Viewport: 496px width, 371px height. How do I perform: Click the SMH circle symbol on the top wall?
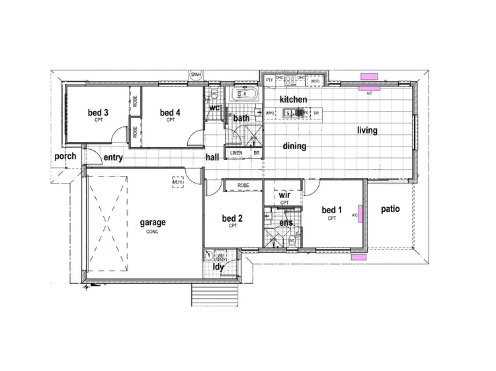[196, 75]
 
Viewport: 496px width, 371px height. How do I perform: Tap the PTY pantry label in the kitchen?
[269, 79]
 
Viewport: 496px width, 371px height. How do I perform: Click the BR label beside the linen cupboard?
[256, 153]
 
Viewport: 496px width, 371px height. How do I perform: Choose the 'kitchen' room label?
[293, 99]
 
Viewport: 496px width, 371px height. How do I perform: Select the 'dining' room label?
[294, 147]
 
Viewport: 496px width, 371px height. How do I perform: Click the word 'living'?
[367, 131]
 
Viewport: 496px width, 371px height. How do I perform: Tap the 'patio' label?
[391, 209]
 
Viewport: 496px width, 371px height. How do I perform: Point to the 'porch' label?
[65, 156]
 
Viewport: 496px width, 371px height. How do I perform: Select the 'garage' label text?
[152, 222]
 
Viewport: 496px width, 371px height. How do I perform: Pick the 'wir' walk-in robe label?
[285, 195]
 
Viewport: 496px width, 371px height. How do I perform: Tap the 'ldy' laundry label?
[217, 267]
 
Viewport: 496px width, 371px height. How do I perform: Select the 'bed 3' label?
[98, 113]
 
